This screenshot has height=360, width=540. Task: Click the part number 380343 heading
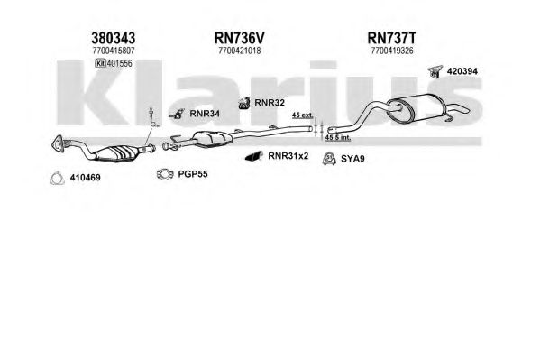pyautogui.click(x=113, y=38)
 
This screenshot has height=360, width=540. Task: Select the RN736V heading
pyautogui.click(x=240, y=38)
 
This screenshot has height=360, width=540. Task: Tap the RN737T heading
pyautogui.click(x=392, y=38)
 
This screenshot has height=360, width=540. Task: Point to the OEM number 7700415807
pyautogui.click(x=114, y=51)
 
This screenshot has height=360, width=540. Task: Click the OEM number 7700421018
pyautogui.click(x=240, y=51)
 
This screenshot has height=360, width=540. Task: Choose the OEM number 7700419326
pyautogui.click(x=392, y=51)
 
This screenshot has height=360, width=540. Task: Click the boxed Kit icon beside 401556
pyautogui.click(x=100, y=63)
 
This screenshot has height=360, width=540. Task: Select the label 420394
pyautogui.click(x=462, y=71)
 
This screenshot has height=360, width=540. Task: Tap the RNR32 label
pyautogui.click(x=270, y=103)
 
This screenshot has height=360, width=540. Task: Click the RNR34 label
pyautogui.click(x=205, y=114)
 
